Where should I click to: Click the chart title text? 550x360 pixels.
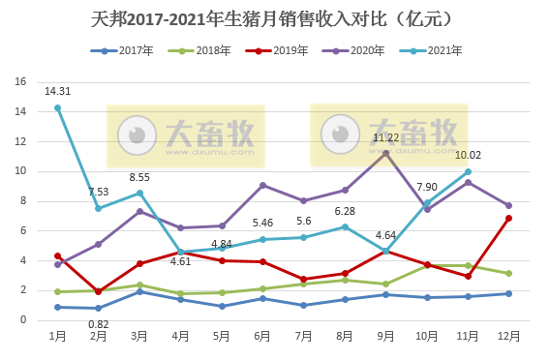[x=274, y=18]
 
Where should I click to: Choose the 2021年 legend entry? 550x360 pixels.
[x=411, y=50]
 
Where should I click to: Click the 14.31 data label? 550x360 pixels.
[x=58, y=92]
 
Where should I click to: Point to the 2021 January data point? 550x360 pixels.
[x=58, y=108]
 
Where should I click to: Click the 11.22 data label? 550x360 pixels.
[x=386, y=137]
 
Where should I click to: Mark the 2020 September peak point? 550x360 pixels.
[x=386, y=154]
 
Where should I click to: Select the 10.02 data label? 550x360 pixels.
[x=468, y=155]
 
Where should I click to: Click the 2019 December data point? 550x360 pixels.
[x=509, y=219]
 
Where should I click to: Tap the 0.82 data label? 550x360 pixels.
[x=99, y=323]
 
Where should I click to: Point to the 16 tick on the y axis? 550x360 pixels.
[x=19, y=82]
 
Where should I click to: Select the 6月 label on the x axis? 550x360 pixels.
[x=263, y=334]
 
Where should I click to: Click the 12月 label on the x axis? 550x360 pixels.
[x=509, y=334]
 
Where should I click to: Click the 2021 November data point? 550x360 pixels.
[x=469, y=171]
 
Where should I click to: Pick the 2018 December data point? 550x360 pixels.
[x=509, y=274]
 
